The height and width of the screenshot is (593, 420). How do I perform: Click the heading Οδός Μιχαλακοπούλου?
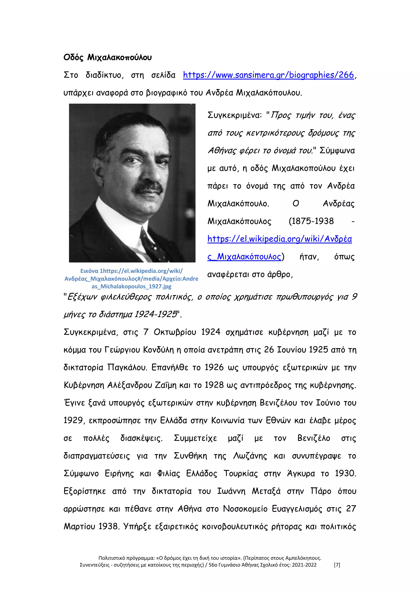(108, 57)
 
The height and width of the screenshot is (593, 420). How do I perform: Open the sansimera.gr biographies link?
(268, 75)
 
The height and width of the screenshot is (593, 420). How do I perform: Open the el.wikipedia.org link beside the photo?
(279, 239)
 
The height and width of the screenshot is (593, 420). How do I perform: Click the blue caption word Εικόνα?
(89, 271)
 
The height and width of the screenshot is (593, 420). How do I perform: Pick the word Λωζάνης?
(250, 456)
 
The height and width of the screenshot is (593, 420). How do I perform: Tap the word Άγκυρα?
(301, 474)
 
